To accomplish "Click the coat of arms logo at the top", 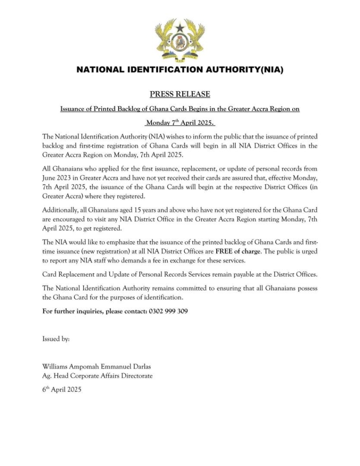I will (180, 41).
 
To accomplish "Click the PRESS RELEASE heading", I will (180, 94).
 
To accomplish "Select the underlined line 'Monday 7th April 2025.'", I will (180, 123).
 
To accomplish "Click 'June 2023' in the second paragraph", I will (56, 177).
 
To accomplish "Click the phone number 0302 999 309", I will (168, 311).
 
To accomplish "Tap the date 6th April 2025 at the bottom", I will (62, 390).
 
